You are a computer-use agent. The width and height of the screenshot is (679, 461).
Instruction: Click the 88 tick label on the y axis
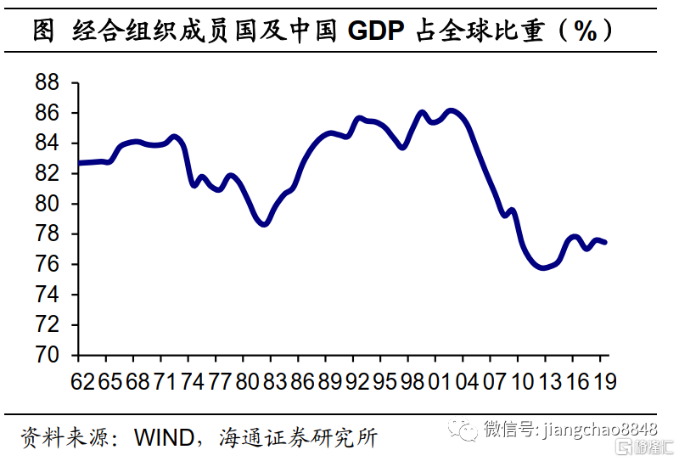48,82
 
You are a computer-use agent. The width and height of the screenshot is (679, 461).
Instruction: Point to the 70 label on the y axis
48,355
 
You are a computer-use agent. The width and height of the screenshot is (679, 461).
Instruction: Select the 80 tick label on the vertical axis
48,204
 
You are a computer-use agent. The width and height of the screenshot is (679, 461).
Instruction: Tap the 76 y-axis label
48,264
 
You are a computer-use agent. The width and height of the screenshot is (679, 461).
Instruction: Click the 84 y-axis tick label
48,143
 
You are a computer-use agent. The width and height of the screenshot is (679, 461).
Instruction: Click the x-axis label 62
82,382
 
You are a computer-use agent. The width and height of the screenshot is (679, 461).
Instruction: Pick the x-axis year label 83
275,382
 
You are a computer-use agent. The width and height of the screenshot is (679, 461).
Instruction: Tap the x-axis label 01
440,382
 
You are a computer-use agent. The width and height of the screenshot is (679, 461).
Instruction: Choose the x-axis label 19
604,382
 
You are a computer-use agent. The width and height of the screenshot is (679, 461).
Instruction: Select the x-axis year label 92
357,382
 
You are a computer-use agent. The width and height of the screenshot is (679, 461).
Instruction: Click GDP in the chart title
376,31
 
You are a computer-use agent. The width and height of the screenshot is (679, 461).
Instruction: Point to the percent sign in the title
586,31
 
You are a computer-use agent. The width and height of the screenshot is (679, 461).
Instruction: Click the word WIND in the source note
164,437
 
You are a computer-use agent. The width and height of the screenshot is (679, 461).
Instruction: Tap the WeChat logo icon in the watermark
463,430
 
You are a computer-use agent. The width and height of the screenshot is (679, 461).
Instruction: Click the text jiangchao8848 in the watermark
599,430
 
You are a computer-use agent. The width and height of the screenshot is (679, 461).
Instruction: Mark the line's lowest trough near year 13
543,267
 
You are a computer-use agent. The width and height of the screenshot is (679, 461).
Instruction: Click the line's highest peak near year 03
451,111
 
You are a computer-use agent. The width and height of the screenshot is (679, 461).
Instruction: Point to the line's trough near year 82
265,223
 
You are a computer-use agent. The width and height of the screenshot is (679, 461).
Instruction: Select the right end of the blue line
605,242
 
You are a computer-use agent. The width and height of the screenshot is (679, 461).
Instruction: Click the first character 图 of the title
43,31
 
